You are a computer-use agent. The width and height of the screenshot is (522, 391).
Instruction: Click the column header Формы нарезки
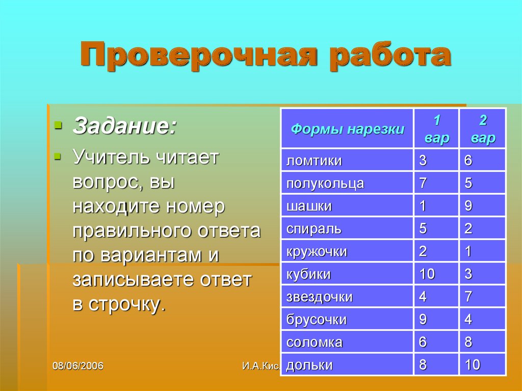point(347,129)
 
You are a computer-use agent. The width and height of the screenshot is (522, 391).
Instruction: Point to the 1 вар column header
point(437,129)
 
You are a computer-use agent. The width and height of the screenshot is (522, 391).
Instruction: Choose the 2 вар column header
point(483,129)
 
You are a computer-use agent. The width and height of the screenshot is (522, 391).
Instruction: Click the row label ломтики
point(314,161)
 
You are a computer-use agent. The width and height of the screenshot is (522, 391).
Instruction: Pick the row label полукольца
point(325,184)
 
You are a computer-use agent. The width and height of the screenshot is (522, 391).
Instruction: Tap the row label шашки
point(309,206)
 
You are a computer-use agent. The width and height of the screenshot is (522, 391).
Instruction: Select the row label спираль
point(314,229)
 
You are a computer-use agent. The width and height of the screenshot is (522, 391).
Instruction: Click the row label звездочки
point(320,297)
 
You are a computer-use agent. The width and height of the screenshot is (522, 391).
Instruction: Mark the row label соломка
point(315,343)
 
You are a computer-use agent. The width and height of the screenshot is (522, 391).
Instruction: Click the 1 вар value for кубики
point(427,274)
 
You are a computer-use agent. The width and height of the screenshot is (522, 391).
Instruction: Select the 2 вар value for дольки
point(472,365)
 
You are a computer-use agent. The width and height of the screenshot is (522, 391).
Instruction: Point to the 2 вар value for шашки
point(468,206)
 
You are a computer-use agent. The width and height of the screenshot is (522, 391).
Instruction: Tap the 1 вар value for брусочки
point(423,320)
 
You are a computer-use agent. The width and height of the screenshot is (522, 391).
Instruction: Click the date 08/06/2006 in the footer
point(78,366)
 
